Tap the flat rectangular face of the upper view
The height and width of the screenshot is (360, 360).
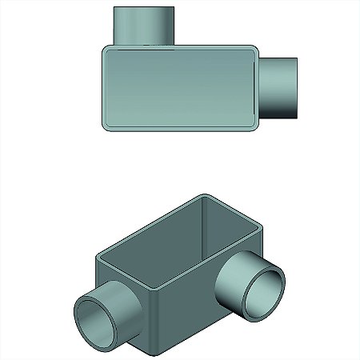coord(180,86)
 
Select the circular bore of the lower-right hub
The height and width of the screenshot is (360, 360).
coord(264,290)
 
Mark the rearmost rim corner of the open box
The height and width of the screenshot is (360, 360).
coord(207,194)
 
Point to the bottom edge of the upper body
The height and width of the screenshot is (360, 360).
coord(180,126)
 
